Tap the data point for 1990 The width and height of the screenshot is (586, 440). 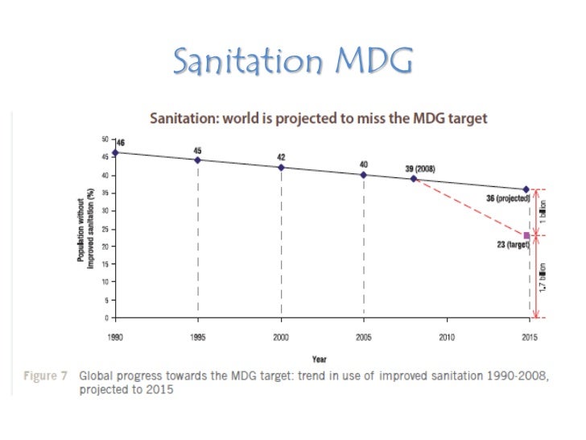115,152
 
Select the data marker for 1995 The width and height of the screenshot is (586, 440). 198,160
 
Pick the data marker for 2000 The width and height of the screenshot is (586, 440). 281,168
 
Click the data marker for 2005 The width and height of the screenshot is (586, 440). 364,174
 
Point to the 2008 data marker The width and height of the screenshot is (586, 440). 414,178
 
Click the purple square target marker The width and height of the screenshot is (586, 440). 526,235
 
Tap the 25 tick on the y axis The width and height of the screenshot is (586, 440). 105,228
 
